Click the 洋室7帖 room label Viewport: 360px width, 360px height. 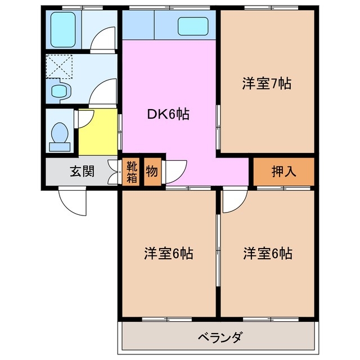267,84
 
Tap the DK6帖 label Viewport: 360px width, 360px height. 168,115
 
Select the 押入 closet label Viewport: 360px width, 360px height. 283,172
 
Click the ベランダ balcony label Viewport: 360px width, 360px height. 220,337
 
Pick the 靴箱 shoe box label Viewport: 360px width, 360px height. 131,172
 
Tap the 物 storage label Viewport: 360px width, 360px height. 152,172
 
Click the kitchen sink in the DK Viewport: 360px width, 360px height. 193,26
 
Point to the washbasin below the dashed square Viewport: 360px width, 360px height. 57,90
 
